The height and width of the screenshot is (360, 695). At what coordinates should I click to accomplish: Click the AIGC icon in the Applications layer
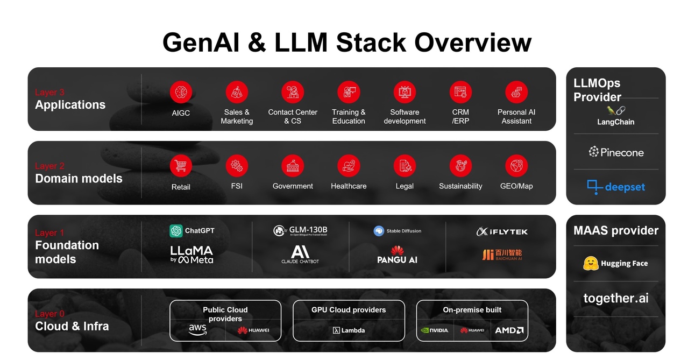[x=181, y=93]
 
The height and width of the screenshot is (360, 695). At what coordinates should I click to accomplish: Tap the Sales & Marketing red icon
[x=237, y=93]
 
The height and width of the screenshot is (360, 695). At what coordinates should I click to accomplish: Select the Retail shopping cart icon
[x=181, y=166]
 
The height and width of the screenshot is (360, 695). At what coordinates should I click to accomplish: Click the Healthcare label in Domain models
[x=349, y=186]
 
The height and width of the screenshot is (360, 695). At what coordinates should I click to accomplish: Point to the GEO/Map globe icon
[x=516, y=166]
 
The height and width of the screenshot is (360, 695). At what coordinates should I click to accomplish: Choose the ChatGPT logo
[x=192, y=231]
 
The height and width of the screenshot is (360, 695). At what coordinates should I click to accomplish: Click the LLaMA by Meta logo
[x=192, y=255]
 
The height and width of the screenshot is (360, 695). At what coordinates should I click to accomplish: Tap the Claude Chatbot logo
[x=300, y=254]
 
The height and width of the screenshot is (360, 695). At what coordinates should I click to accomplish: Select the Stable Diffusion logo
[x=398, y=231]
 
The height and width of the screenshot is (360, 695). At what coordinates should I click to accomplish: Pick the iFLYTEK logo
[x=502, y=231]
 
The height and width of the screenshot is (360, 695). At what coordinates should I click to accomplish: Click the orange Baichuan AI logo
[x=502, y=255]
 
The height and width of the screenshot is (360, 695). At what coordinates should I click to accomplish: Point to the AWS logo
[x=197, y=330]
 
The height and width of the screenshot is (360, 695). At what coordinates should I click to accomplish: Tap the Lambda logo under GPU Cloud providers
[x=349, y=330]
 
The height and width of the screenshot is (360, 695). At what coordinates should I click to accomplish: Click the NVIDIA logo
[x=435, y=330]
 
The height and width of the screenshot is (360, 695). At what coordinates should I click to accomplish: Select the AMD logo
[x=509, y=330]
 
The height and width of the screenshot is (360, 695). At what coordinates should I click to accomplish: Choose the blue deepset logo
[x=615, y=187]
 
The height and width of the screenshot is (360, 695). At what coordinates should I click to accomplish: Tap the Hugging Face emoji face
[x=591, y=264]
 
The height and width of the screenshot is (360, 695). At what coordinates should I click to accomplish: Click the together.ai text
[x=615, y=298]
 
